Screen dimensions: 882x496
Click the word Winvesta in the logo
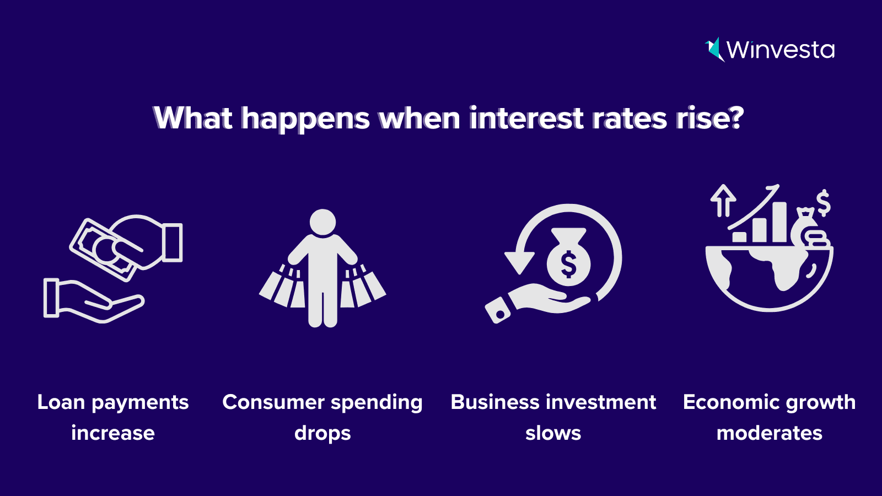pyautogui.click(x=781, y=50)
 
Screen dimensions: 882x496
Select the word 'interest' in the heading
pyautogui.click(x=526, y=118)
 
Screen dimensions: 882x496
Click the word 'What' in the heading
pyautogui.click(x=192, y=118)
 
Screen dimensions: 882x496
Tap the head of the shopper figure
pyautogui.click(x=322, y=222)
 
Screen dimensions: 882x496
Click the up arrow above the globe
pyautogui.click(x=723, y=201)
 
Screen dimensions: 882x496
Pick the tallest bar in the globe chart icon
pyautogui.click(x=779, y=222)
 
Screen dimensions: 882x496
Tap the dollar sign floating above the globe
pyautogui.click(x=823, y=203)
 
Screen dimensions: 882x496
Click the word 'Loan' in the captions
pyautogui.click(x=61, y=402)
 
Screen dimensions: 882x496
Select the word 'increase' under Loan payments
pyautogui.click(x=113, y=433)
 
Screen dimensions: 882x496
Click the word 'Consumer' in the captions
pyautogui.click(x=273, y=402)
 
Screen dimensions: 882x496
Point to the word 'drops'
pyautogui.click(x=322, y=434)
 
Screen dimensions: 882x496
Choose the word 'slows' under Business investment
pyautogui.click(x=553, y=433)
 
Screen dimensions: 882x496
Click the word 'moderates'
pyautogui.click(x=770, y=433)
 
